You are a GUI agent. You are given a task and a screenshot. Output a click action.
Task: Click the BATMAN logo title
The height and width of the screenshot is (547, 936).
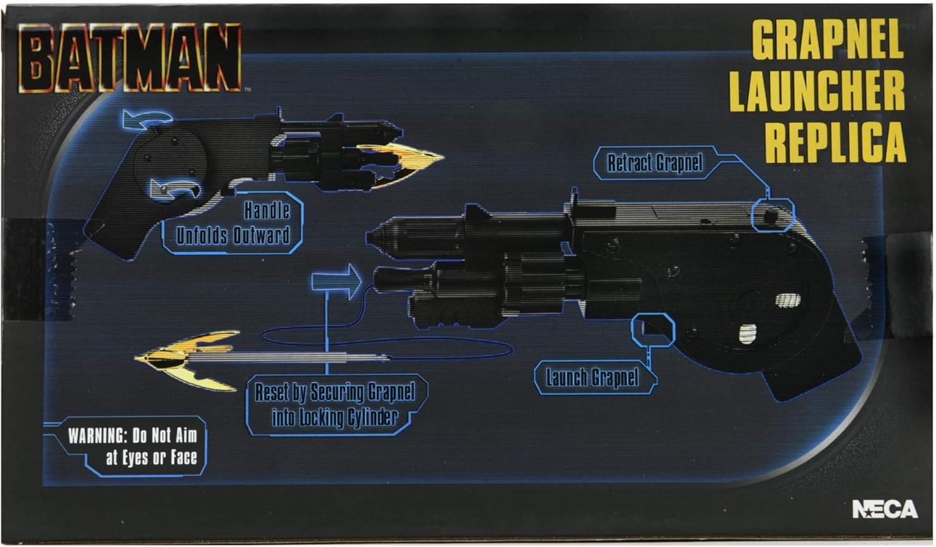pos(130,57)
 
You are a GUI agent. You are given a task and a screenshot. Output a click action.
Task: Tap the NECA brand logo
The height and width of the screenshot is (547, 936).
pos(884,510)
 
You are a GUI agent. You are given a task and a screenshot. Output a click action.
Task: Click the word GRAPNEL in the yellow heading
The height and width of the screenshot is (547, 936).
pos(827,39)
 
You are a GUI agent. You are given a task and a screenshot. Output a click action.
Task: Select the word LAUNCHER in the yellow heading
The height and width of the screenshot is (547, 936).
pos(817,91)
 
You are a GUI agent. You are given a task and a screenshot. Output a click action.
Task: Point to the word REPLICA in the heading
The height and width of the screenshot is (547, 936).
pos(835,142)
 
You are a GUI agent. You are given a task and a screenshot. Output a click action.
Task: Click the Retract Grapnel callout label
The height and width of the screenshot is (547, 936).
pos(655,163)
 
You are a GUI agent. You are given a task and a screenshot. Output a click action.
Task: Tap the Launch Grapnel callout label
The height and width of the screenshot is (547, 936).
pos(592,377)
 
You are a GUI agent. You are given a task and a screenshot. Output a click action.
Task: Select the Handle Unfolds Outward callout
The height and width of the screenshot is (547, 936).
pos(233,223)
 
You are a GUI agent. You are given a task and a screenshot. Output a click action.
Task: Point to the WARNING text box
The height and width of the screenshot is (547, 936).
pos(132,447)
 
